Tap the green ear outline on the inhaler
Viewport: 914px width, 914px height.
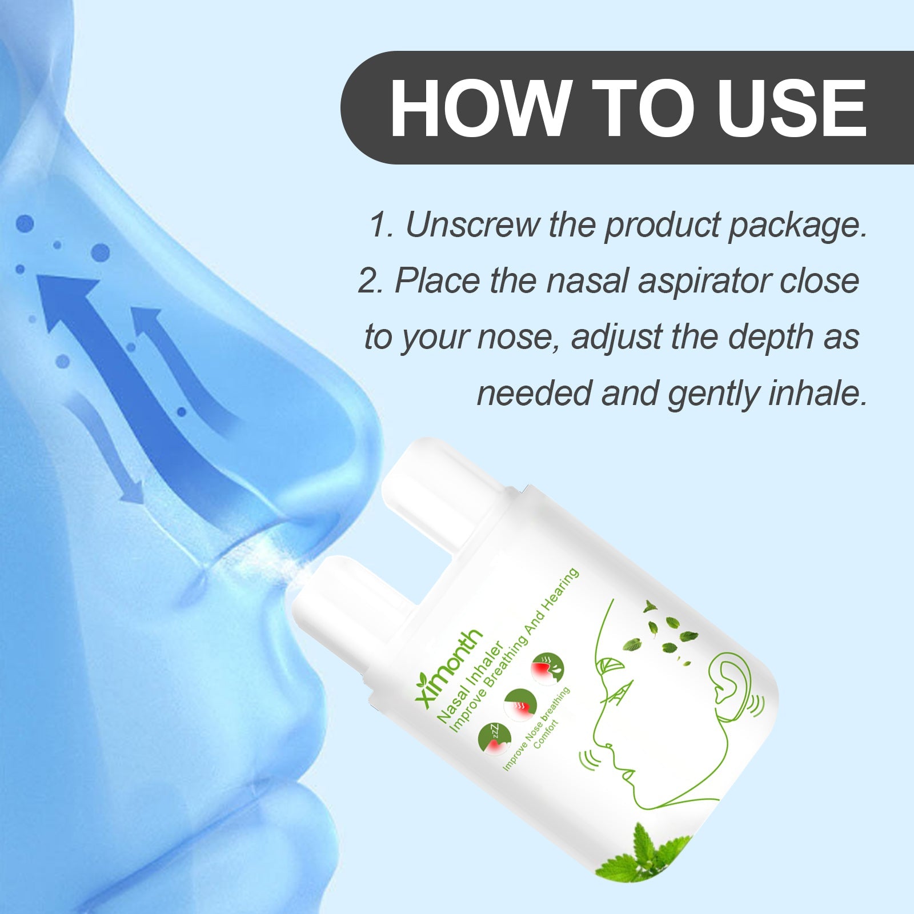[729, 683]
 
